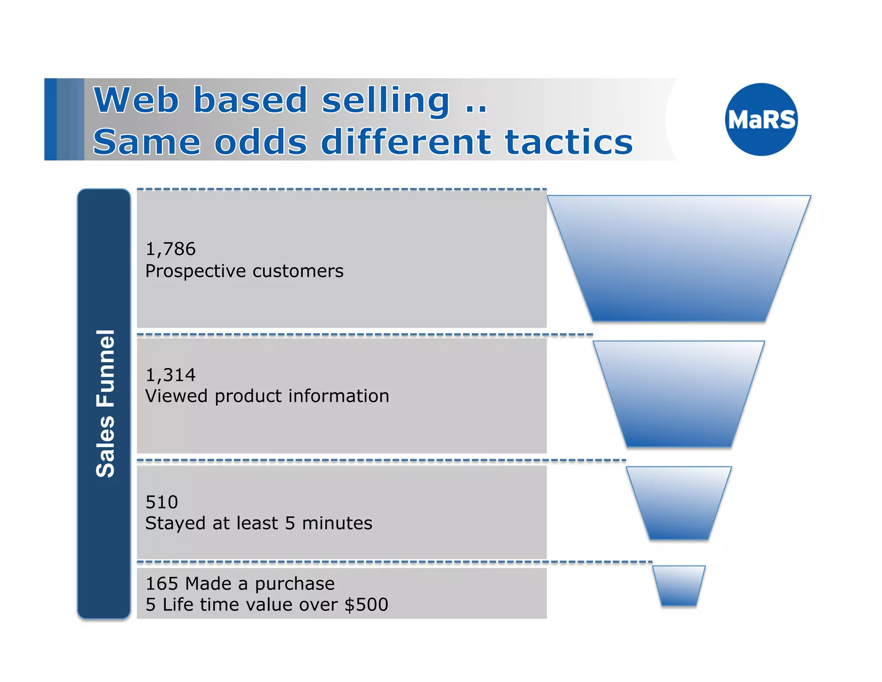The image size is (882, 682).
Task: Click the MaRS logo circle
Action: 761,119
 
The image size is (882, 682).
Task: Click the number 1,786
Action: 171,249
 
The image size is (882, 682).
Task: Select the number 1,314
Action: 171,375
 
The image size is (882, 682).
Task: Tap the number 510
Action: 161,502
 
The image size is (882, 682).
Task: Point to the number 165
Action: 162,584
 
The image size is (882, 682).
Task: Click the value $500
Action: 366,604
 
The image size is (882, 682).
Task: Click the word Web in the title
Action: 136,100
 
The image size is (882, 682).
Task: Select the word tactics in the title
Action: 569,142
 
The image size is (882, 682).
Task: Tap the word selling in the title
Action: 385,100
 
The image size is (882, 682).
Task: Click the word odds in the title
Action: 261,142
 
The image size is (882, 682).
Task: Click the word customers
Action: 298,271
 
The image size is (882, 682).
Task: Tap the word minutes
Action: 337,523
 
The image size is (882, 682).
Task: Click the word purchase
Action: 295,584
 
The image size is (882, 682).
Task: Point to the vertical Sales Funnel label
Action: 105,404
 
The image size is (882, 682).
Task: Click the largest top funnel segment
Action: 679,259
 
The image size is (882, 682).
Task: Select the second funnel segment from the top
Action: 679,394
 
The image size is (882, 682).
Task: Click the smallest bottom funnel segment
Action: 679,585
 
